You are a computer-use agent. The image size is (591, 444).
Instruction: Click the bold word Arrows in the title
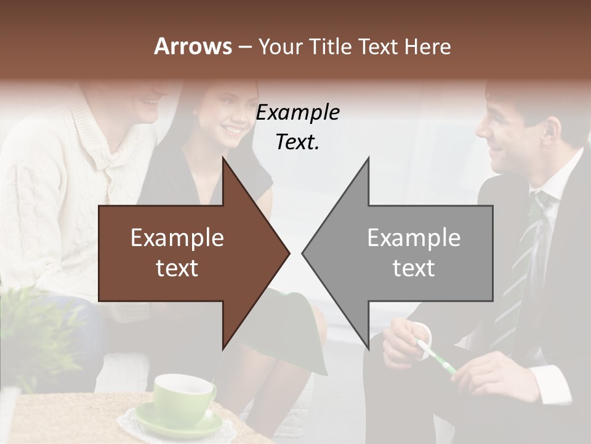point(193,46)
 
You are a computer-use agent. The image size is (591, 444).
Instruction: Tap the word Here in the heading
point(428,46)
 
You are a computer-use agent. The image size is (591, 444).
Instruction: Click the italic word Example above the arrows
point(297,113)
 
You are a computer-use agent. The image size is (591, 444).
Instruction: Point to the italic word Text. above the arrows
point(297,142)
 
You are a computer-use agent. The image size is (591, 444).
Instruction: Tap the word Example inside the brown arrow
point(177,238)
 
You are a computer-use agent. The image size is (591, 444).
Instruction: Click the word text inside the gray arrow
point(414,268)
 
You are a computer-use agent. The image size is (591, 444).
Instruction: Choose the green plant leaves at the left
point(31,327)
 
